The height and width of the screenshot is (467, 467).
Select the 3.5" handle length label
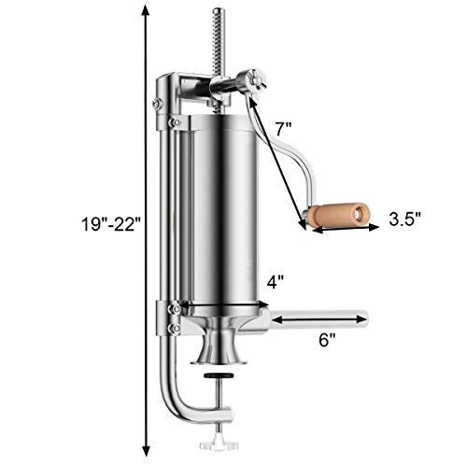(405, 219)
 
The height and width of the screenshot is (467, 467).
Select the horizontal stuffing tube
(318, 319)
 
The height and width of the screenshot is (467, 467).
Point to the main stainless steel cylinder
(220, 215)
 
